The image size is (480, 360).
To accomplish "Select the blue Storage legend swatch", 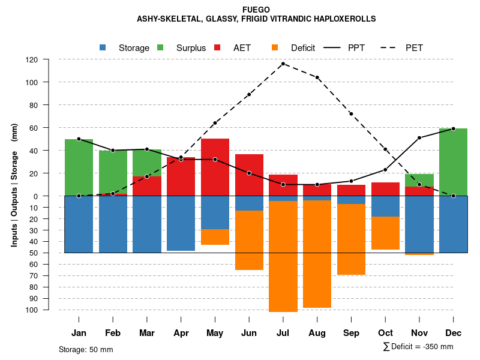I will [103, 47].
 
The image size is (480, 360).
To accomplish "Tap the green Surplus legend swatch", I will [160, 47].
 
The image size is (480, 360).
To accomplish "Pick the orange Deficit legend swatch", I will [275, 47].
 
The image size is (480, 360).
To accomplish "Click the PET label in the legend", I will [414, 48].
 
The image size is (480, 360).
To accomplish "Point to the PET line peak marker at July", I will [283, 64].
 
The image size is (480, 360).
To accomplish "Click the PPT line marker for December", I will [454, 128].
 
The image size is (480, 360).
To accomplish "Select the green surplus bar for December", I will [454, 162].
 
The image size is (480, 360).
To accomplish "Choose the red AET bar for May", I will [215, 167].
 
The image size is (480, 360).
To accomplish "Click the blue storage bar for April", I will [181, 223].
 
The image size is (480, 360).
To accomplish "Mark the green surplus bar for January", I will [79, 167].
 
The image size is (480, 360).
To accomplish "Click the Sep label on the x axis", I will [351, 333].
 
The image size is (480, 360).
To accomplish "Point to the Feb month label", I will [113, 333].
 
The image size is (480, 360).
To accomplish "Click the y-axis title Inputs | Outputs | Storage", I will [14, 184].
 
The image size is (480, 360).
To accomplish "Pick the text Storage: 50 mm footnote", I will [86, 349].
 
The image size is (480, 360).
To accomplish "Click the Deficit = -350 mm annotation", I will [418, 347].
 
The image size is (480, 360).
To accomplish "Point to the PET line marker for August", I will [317, 77].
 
